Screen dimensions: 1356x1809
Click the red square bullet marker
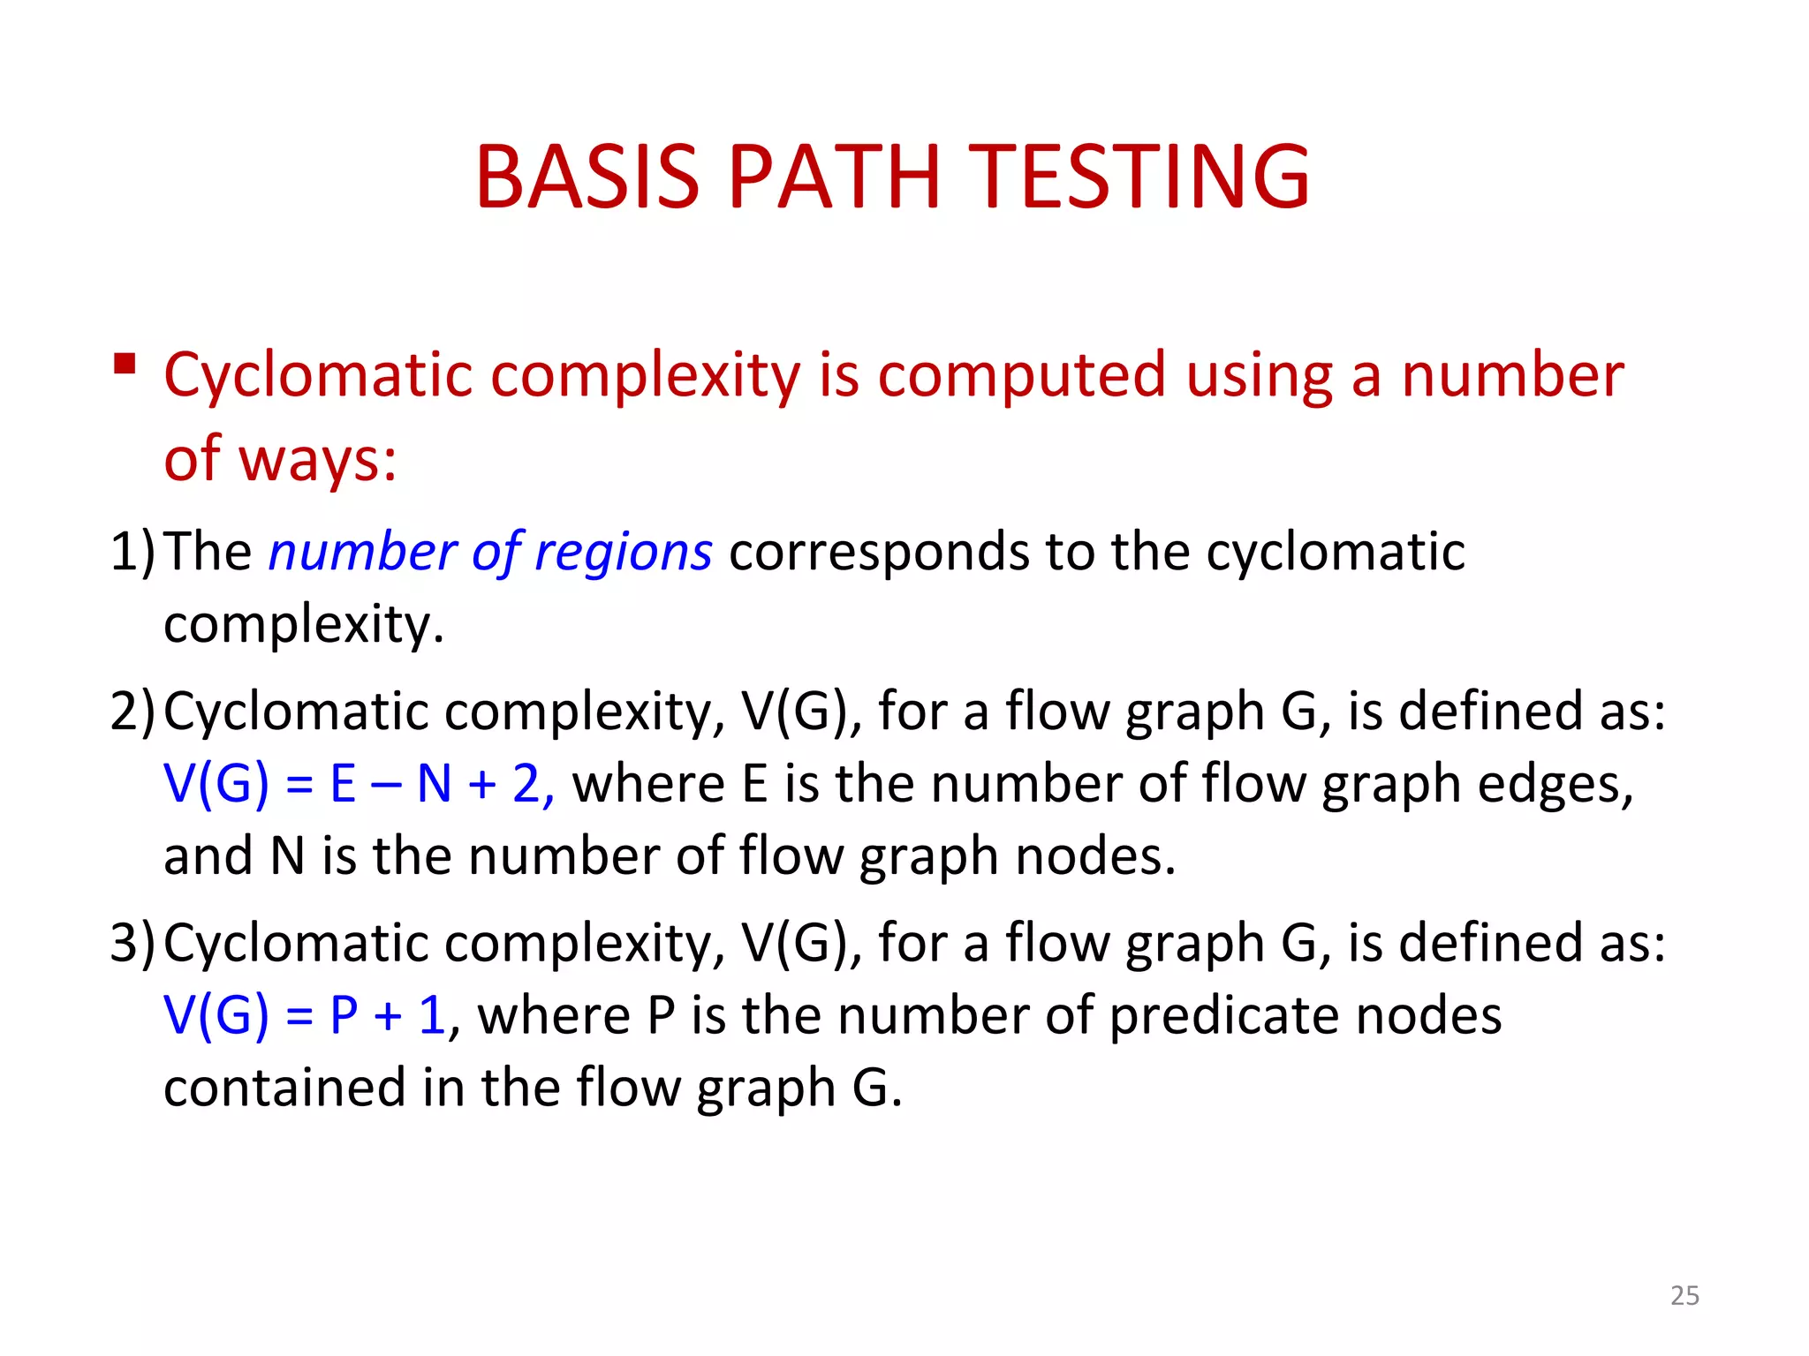tap(125, 364)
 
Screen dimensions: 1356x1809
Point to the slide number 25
tap(1684, 1295)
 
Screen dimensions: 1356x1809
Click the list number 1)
tap(132, 553)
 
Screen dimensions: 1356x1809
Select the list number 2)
tap(132, 712)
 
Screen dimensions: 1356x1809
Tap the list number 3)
tap(132, 943)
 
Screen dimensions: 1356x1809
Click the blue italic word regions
tap(623, 554)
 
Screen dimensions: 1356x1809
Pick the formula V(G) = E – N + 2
tap(358, 784)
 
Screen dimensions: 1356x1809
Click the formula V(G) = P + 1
tap(305, 1015)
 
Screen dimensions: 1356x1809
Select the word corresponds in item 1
tap(878, 553)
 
